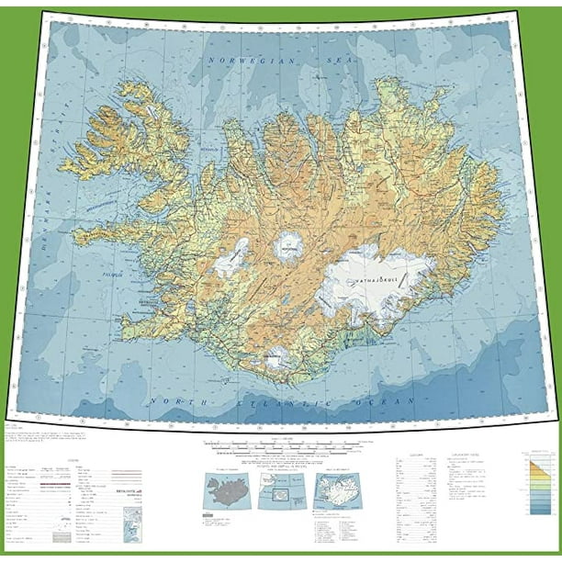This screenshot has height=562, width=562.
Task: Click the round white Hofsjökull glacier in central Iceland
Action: pyautogui.click(x=290, y=246)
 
